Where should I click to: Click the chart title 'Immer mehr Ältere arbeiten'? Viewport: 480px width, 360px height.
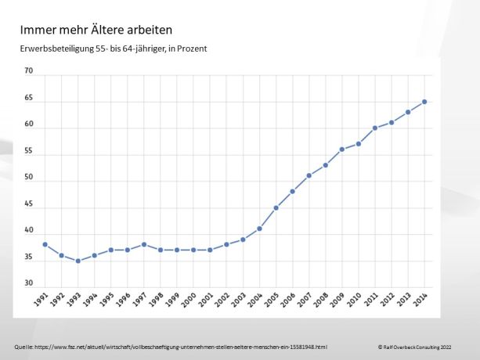(96, 30)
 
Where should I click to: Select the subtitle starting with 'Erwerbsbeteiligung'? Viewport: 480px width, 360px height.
(114, 49)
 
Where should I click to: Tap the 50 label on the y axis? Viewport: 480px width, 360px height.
(29, 178)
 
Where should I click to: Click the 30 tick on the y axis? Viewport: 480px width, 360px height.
(29, 283)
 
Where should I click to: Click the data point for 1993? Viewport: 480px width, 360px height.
(78, 261)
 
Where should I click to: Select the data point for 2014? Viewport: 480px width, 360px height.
(424, 102)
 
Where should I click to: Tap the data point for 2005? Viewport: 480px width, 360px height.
(276, 207)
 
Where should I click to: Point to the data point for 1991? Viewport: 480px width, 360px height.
(45, 244)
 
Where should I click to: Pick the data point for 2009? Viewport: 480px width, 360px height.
(342, 149)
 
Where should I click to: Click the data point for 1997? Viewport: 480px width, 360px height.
(144, 244)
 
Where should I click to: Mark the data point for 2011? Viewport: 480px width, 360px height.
(375, 128)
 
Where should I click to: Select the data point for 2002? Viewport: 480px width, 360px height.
(226, 244)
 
